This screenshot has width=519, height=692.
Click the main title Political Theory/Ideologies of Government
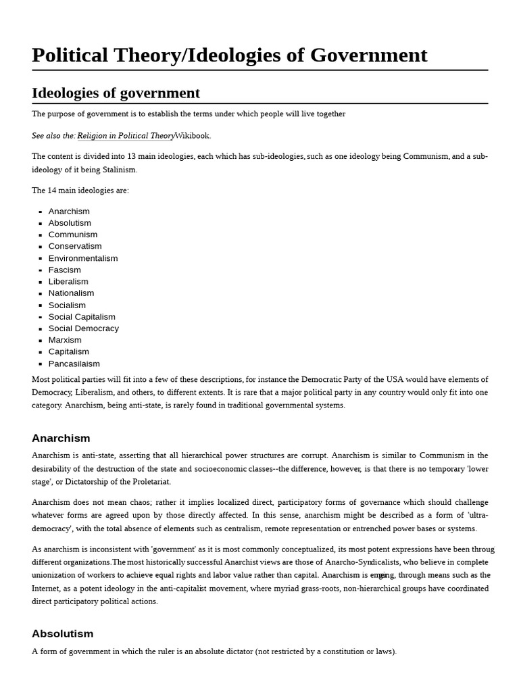[x=229, y=55]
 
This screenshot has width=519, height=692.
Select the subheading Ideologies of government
[x=116, y=93]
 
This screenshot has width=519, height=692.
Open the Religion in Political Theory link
[x=126, y=136]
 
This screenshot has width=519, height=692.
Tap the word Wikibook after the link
[x=192, y=136]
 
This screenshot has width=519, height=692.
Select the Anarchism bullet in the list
[x=69, y=212]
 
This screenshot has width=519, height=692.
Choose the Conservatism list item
[x=75, y=246]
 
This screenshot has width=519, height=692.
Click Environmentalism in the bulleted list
[x=82, y=258]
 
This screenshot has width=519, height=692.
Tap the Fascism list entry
[x=64, y=270]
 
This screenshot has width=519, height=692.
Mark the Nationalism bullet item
[x=71, y=293]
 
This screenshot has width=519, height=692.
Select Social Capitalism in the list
[x=82, y=317]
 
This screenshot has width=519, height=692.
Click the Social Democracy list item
[x=83, y=328]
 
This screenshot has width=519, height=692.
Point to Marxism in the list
[x=65, y=340]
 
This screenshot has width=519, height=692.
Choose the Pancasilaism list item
[x=74, y=364]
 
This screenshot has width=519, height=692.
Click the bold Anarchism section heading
[x=61, y=439]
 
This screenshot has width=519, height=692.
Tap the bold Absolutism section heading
[x=62, y=634]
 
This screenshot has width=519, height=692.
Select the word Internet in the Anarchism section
[x=47, y=589]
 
